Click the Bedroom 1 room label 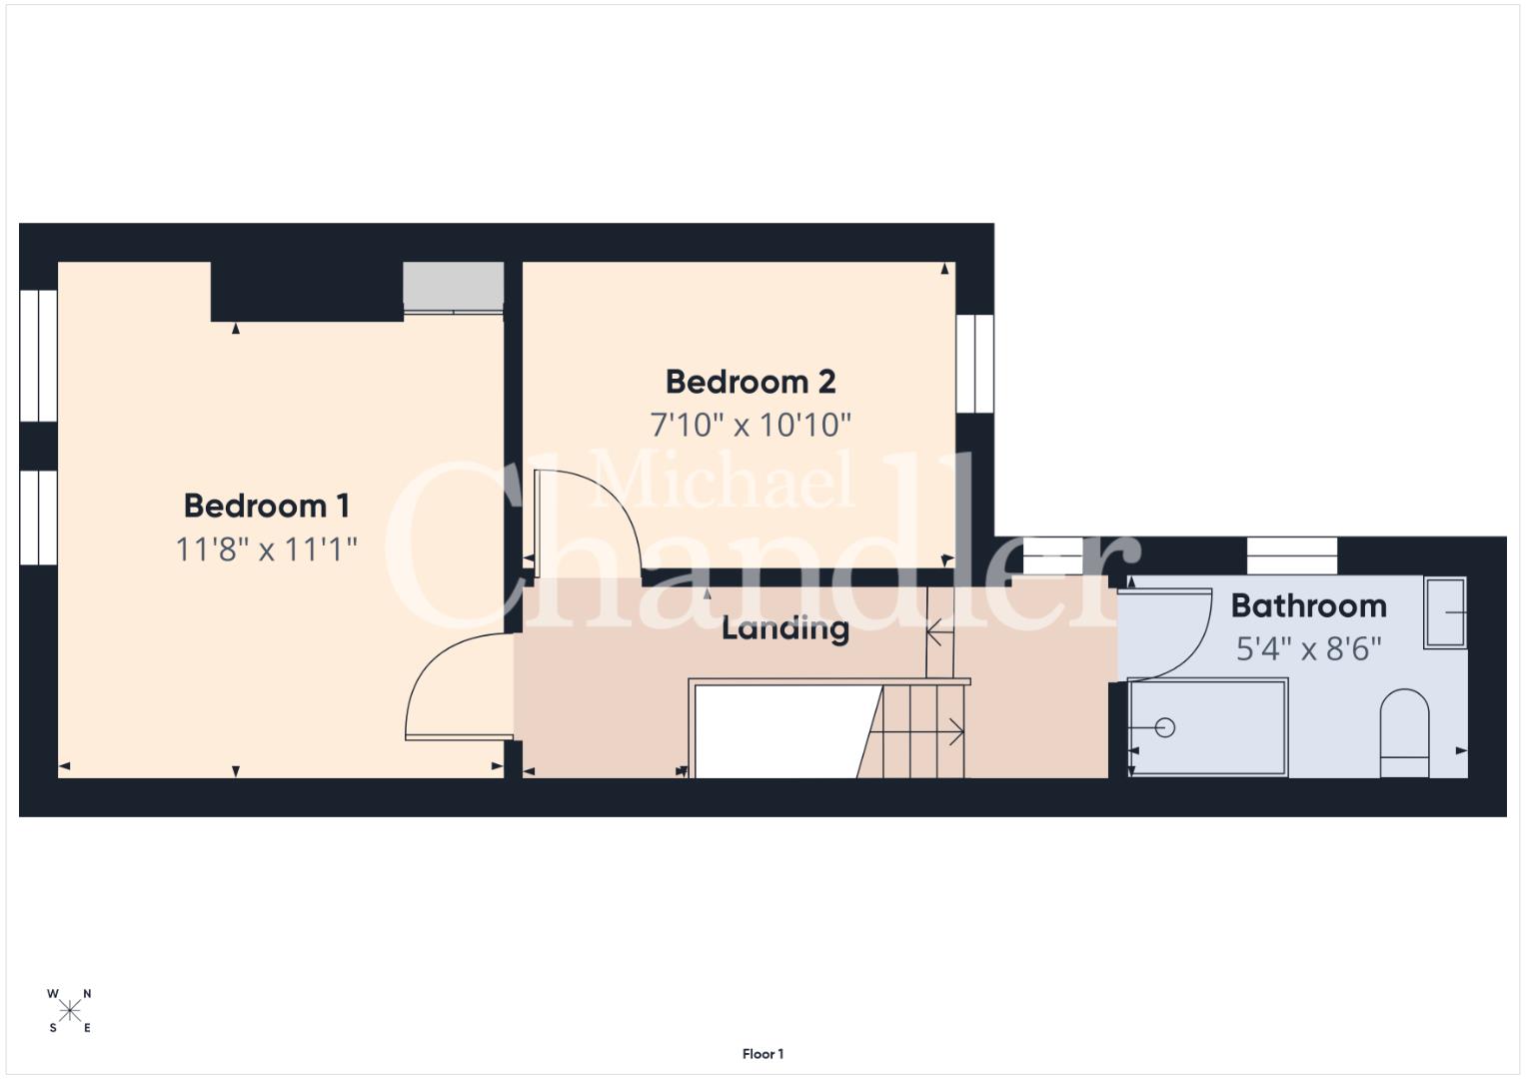point(267,506)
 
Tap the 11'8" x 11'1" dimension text point(267,549)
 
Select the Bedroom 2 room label point(751,382)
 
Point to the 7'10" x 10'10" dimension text point(751,425)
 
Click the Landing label point(784,628)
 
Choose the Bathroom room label point(1309,605)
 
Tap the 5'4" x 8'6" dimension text point(1309,649)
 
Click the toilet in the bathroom point(1404,733)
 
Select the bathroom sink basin point(1445,613)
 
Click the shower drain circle point(1165,727)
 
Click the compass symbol point(70,1011)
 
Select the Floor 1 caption point(763,1054)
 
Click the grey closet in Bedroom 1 point(453,288)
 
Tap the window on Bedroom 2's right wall point(975,363)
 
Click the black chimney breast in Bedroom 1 point(307,292)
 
